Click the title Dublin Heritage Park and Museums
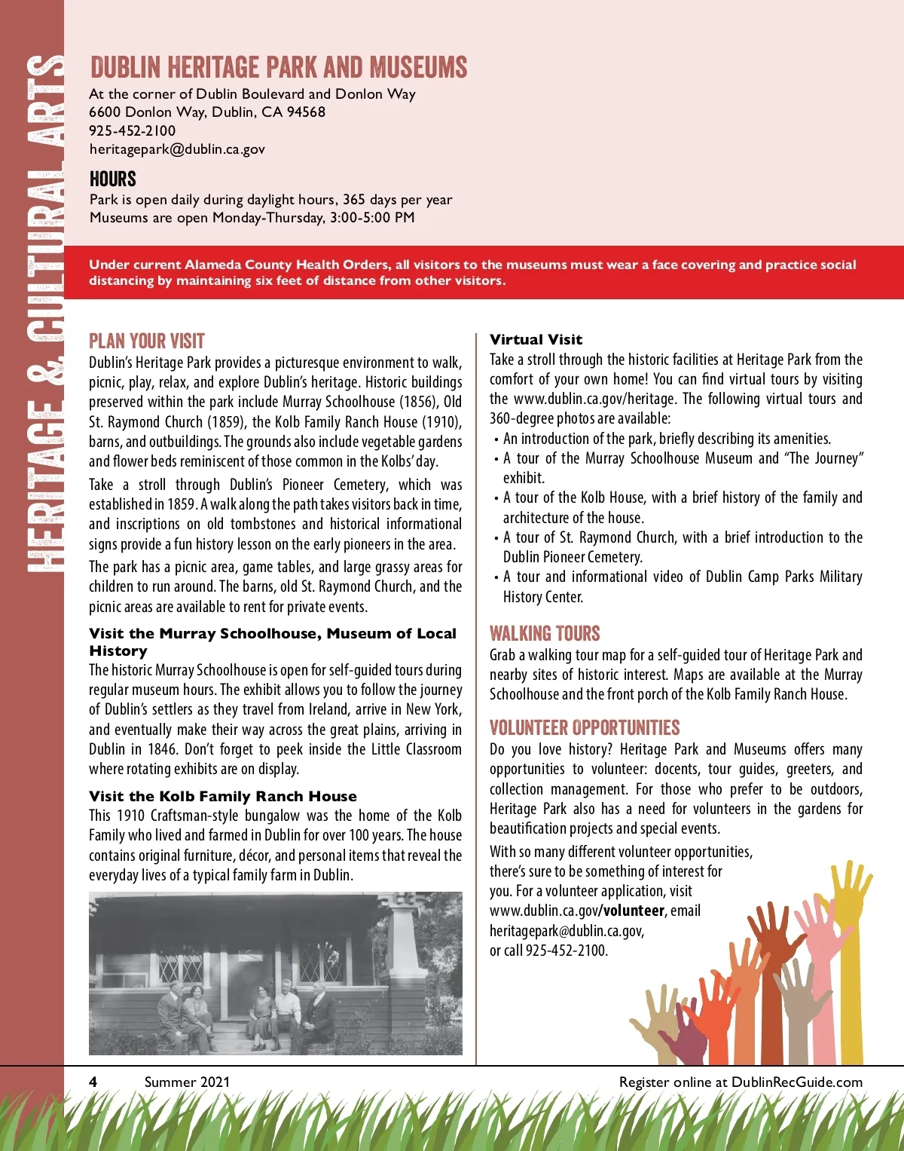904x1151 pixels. (x=279, y=68)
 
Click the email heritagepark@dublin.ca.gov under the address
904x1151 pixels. (x=177, y=149)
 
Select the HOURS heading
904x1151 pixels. (x=113, y=179)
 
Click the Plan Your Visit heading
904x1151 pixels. (x=147, y=341)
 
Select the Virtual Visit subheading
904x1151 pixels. (x=536, y=340)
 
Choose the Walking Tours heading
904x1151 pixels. (x=545, y=633)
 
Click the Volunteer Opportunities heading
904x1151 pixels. (x=585, y=728)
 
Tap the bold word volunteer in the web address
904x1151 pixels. (x=634, y=911)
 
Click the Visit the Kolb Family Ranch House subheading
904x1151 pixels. (x=223, y=797)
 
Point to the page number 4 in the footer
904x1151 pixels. (x=93, y=1082)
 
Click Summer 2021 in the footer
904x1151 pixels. (x=187, y=1082)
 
